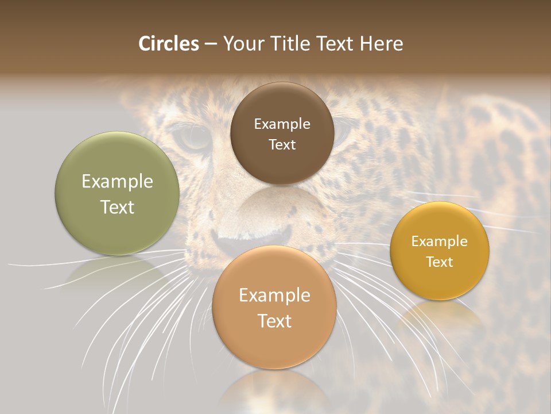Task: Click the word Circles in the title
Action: [x=168, y=44]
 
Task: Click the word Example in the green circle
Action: [x=117, y=182]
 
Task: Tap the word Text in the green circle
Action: [x=117, y=207]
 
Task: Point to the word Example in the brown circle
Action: [x=282, y=124]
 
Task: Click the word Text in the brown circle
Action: [x=282, y=144]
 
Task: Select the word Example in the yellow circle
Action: [x=440, y=241]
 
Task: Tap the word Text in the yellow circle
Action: [x=440, y=262]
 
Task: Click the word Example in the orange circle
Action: [x=274, y=295]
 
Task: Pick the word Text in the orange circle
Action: [x=274, y=321]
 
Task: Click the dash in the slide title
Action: [x=211, y=44]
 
